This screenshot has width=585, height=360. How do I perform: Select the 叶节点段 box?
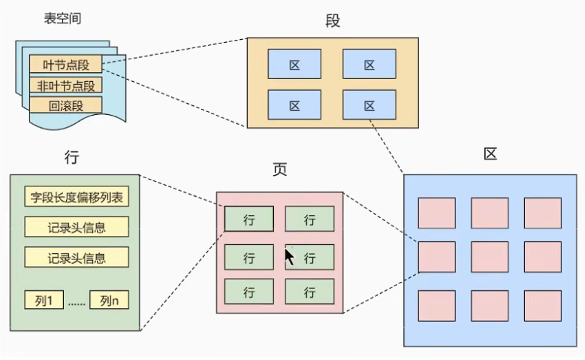65,65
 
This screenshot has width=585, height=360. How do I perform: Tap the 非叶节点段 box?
65,85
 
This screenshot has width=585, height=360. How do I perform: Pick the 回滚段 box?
65,105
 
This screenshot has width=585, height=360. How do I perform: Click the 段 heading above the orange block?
333,21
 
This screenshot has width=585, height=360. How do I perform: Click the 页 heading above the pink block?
279,170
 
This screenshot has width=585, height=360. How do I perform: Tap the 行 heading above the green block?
73,158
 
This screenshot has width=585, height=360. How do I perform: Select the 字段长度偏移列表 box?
76,198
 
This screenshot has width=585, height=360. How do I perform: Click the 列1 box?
46,300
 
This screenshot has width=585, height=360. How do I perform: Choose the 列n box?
109,300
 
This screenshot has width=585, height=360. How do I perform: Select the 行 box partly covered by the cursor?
309,258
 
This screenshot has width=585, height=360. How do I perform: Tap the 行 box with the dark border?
249,219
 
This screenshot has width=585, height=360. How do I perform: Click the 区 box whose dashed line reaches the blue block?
369,104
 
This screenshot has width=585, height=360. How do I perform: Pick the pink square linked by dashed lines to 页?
437,256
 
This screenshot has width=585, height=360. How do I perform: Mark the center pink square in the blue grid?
490,256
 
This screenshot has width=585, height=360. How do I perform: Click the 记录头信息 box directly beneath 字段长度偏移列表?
76,227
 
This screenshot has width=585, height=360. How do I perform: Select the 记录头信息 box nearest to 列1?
76,257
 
